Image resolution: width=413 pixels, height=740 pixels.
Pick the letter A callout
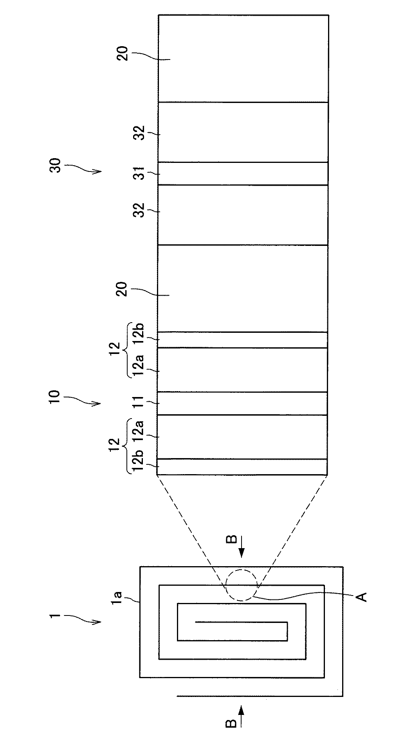click(363, 597)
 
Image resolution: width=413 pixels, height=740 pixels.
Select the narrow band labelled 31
click(243, 173)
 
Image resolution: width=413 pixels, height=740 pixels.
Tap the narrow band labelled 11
click(243, 403)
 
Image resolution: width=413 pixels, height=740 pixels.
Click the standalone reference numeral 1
click(54, 616)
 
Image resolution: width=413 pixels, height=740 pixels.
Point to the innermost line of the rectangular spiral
click(242, 622)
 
